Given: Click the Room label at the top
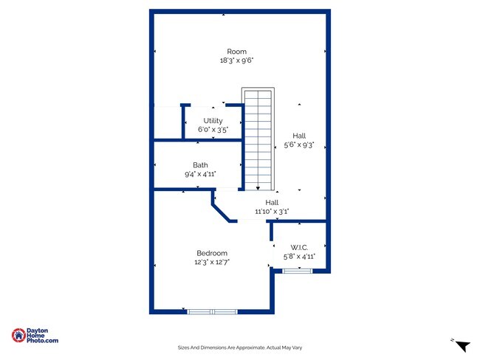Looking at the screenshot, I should click(x=236, y=52).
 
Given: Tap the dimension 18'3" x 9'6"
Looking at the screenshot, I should click(x=236, y=60).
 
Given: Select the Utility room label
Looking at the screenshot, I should click(x=213, y=121).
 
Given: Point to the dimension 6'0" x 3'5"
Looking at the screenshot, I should click(x=213, y=130).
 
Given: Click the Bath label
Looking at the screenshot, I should click(x=200, y=165).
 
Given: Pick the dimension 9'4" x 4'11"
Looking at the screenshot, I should click(x=200, y=174).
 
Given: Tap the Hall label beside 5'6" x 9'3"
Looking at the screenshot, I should click(x=299, y=136).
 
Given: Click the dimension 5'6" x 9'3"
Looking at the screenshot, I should click(x=299, y=145).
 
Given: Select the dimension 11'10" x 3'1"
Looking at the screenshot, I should click(x=272, y=211).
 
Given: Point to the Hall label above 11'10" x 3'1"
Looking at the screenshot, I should click(x=272, y=202).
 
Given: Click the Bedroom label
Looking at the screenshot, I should click(x=212, y=253).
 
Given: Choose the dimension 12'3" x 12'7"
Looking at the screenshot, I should click(x=212, y=262).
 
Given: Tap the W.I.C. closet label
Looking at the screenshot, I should click(x=299, y=247).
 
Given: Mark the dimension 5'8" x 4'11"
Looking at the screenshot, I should click(x=299, y=257).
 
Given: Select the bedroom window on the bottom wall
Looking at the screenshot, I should click(x=212, y=311).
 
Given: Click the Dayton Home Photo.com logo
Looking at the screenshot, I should click(x=35, y=336).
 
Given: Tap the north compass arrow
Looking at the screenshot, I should click(x=462, y=345).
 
